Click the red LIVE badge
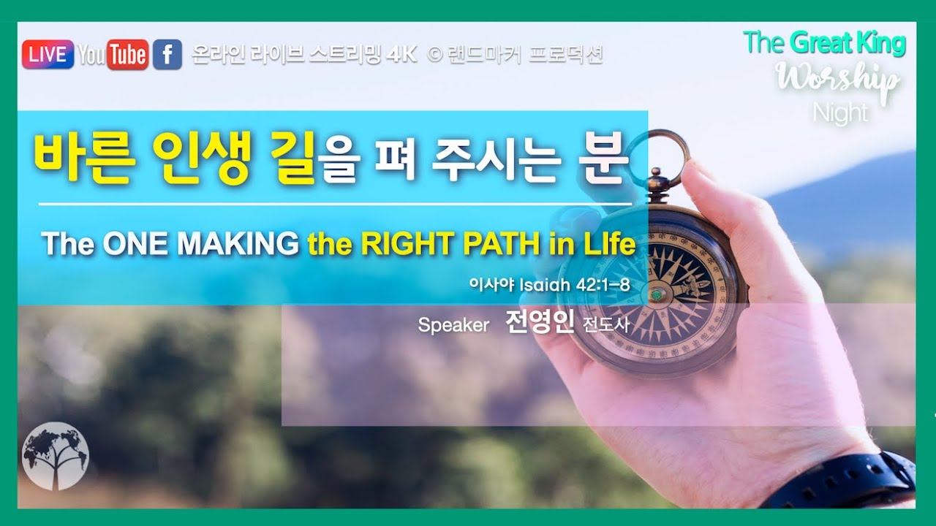click(48, 55)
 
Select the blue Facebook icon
click(167, 55)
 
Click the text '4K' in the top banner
click(401, 55)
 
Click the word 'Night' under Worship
click(840, 113)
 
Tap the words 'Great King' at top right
click(848, 43)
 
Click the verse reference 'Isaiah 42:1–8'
click(574, 285)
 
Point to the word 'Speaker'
click(453, 325)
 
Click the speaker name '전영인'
click(540, 324)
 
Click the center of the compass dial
click(657, 294)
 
